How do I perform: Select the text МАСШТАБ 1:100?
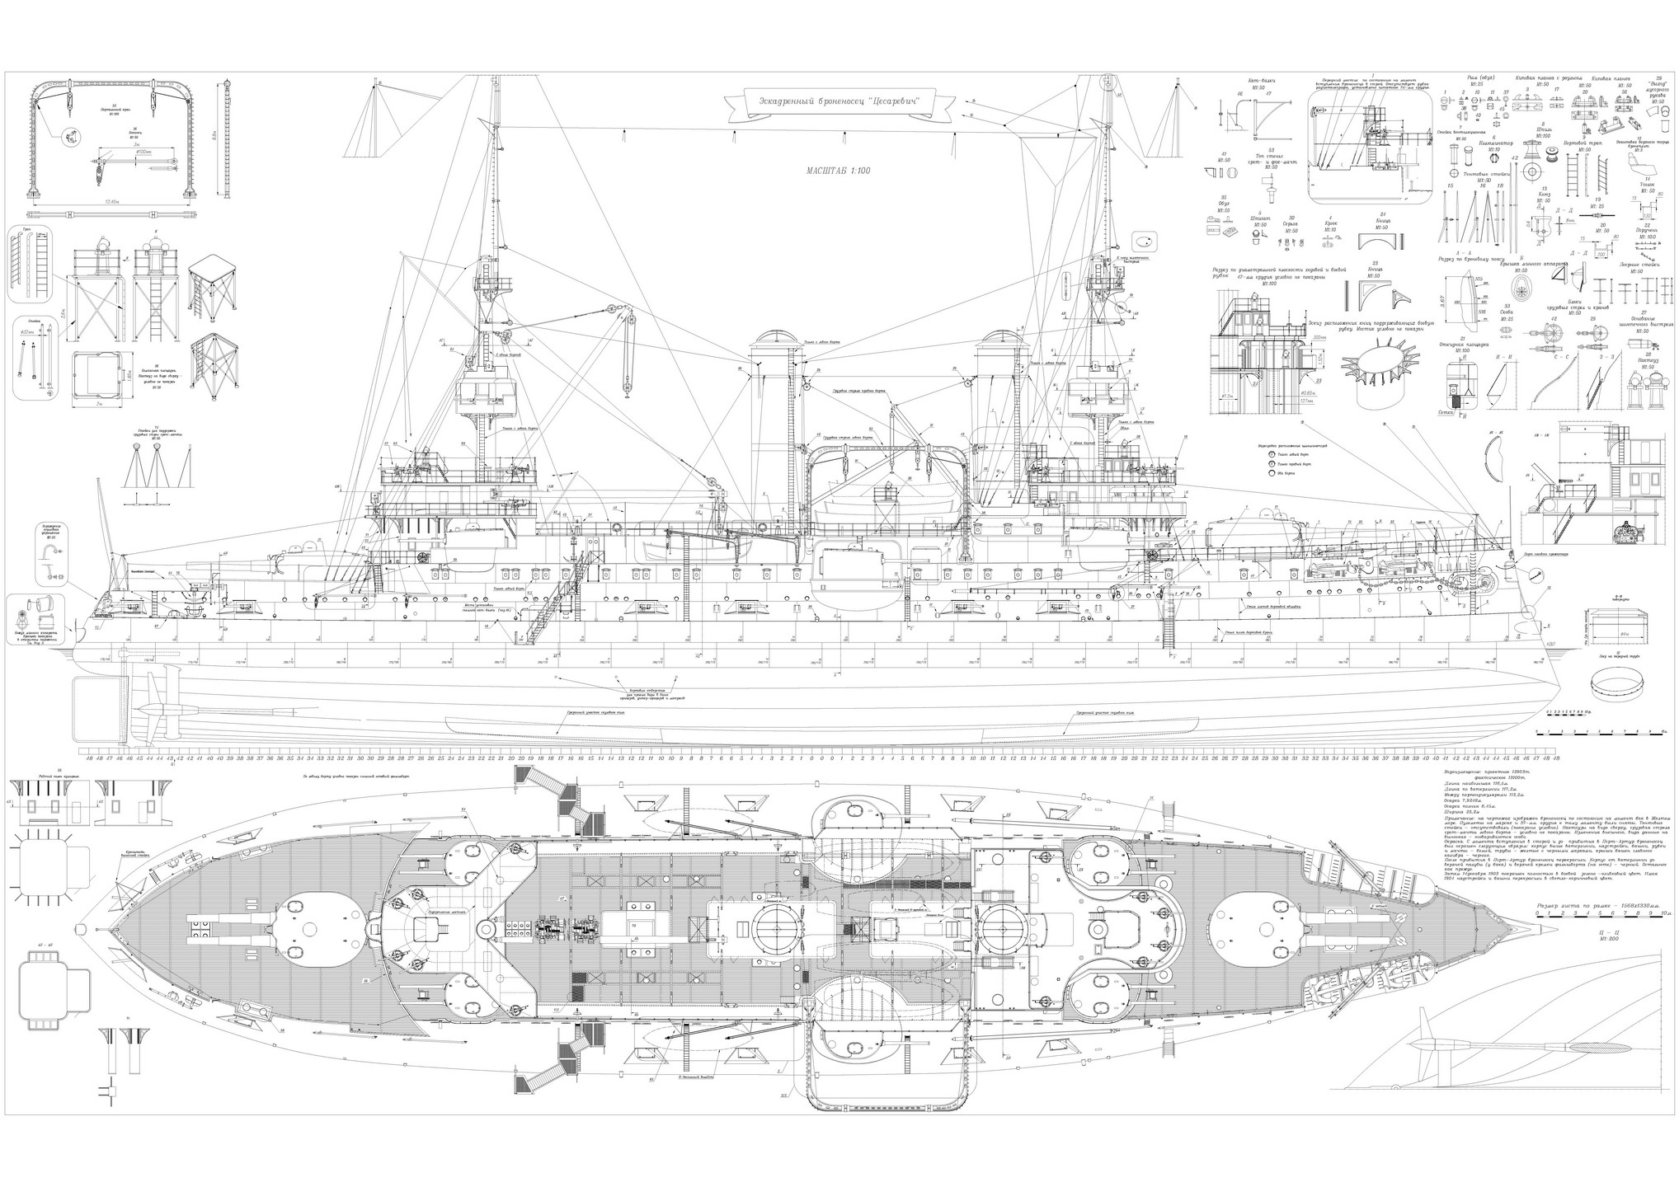tap(838, 171)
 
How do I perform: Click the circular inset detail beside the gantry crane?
tap(71, 137)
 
